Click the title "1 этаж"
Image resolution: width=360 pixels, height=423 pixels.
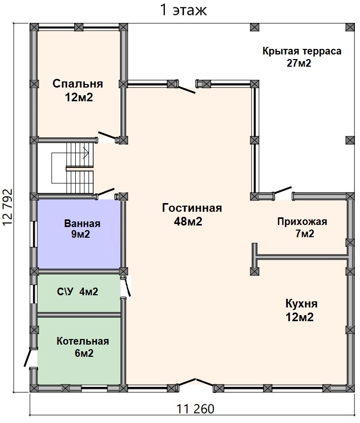[x=184, y=10]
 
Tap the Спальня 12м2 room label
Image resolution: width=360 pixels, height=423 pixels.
[x=78, y=91]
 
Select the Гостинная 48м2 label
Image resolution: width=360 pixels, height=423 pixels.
[x=192, y=215]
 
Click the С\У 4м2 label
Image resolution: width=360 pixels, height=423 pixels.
[x=78, y=292]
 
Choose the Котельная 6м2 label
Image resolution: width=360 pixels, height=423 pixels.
[x=83, y=347]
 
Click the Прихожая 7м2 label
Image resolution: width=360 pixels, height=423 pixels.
[x=303, y=228]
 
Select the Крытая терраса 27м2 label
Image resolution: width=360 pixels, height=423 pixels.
[x=302, y=57]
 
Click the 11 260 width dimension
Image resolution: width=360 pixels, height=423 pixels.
[x=195, y=409]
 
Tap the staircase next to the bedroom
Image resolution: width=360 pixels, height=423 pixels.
[x=73, y=168]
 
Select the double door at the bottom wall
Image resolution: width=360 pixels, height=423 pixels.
[x=196, y=383]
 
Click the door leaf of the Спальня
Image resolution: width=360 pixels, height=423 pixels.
[x=107, y=135]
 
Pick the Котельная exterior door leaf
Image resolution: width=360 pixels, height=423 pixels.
[x=28, y=357]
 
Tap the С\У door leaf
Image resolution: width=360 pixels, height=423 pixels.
[x=127, y=288]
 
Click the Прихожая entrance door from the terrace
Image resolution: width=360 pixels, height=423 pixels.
[x=282, y=190]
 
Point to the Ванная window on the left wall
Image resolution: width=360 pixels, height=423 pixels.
[x=35, y=234]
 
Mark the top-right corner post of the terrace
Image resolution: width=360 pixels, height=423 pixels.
[x=350, y=27]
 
